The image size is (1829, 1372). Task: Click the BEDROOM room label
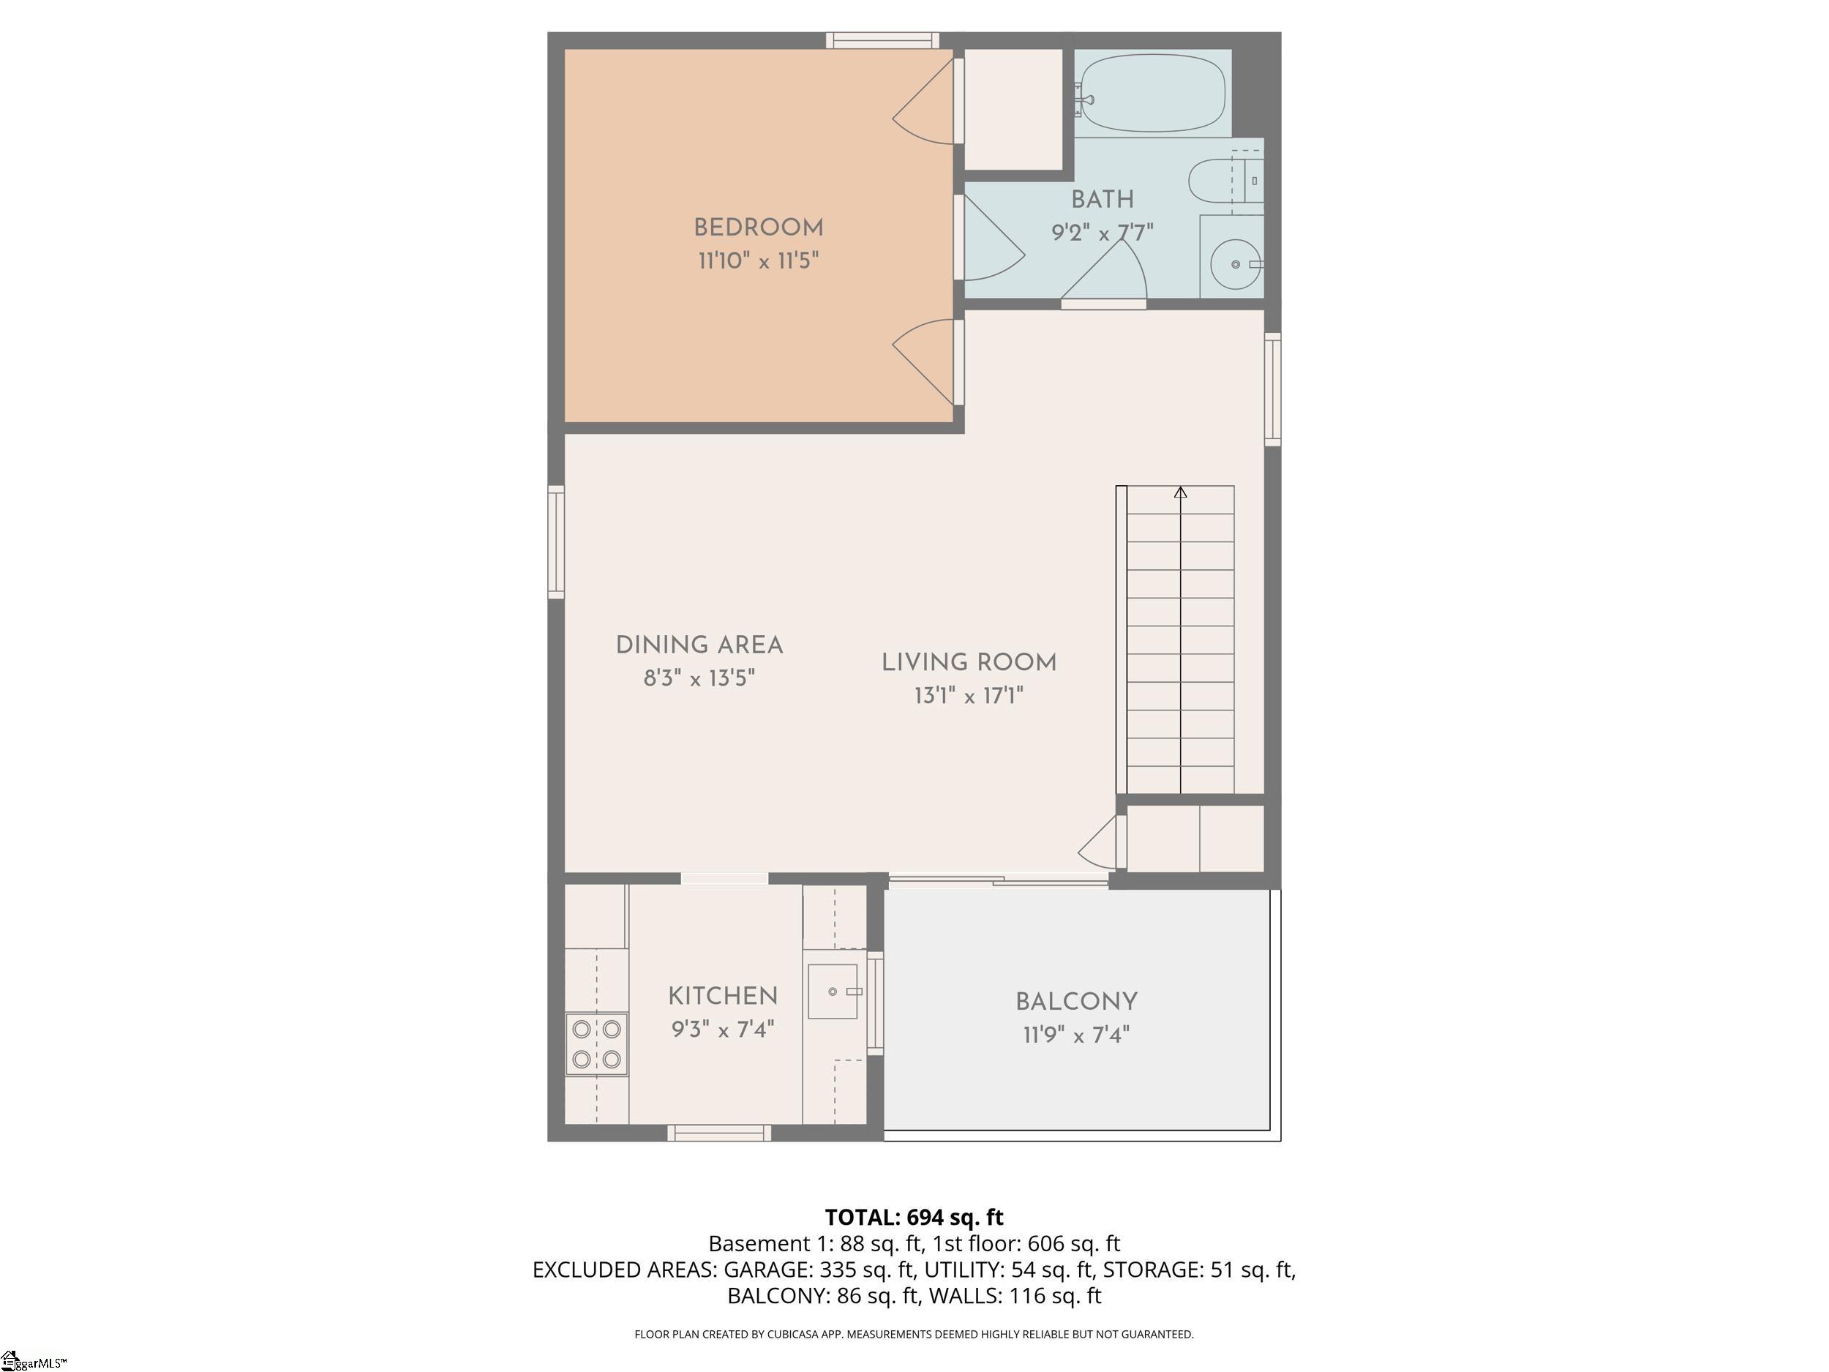[x=758, y=228]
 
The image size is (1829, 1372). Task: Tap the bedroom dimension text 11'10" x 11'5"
[x=758, y=261]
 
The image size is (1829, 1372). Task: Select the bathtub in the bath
[x=1152, y=94]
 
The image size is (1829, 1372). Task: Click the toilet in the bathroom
[x=1226, y=180]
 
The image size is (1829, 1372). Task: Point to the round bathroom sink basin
[x=1236, y=265]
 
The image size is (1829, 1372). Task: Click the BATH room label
[x=1103, y=199]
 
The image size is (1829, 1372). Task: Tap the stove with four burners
[x=596, y=1043]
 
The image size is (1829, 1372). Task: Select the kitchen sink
[x=833, y=991]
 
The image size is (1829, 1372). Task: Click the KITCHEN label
[x=723, y=997]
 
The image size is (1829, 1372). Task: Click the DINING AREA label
[x=699, y=645]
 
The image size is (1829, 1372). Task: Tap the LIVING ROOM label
[x=969, y=662]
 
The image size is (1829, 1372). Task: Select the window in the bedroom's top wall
[x=882, y=40]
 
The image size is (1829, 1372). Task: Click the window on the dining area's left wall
[x=555, y=541]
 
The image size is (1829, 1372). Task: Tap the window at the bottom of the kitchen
[x=719, y=1133]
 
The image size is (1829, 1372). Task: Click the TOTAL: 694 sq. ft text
[x=914, y=1218]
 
